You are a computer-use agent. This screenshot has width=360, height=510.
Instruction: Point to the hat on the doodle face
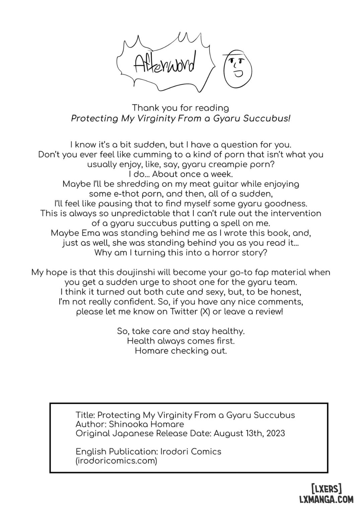(x=235, y=54)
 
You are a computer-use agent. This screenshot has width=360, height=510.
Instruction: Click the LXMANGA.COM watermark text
(x=326, y=500)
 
